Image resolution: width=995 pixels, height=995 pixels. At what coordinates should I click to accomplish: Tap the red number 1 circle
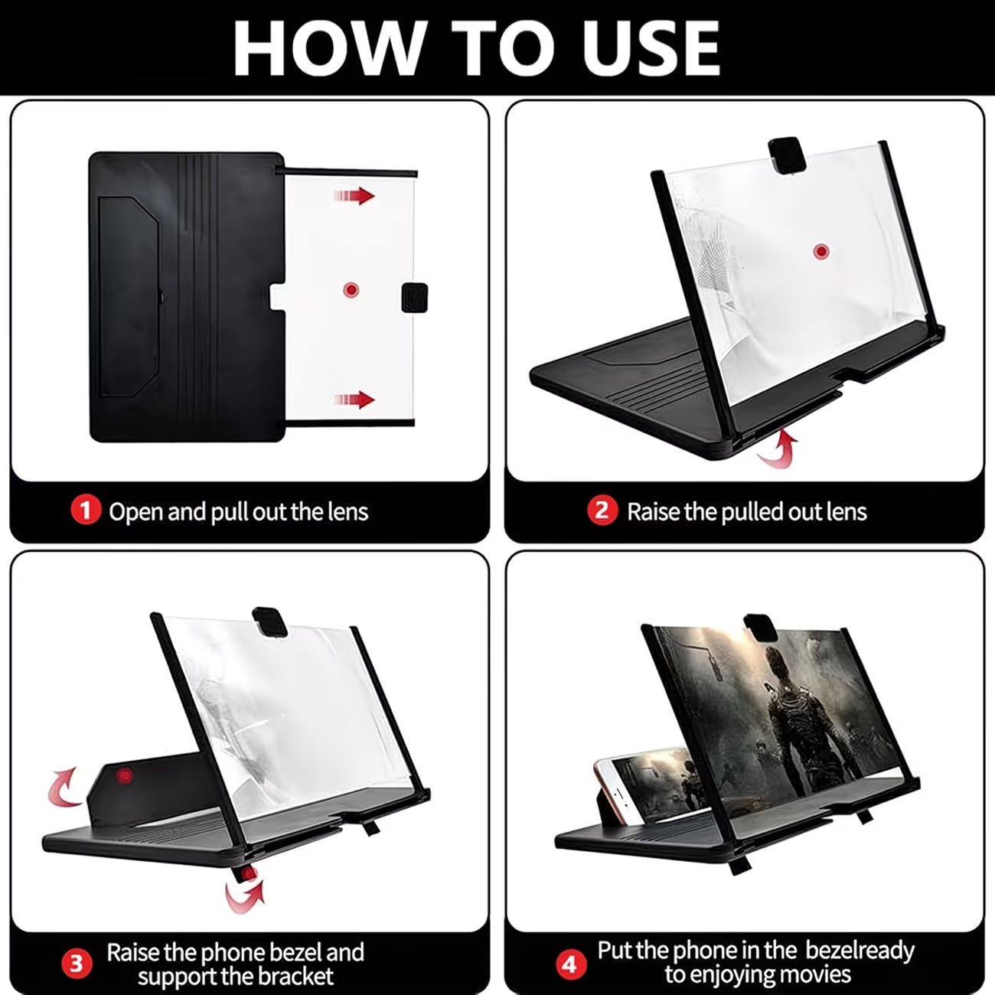pos(86,511)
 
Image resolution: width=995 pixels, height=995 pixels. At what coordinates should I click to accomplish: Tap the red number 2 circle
pos(602,511)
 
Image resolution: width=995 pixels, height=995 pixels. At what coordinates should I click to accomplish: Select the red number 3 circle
pos(77,964)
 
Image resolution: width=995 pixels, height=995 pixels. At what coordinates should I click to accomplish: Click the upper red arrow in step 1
pos(354,196)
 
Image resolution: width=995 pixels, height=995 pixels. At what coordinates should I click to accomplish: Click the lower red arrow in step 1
pos(354,400)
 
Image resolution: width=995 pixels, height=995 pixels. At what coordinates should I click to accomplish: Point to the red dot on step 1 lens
pos(351,290)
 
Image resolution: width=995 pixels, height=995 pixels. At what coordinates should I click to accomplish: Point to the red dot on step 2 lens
pos(821,250)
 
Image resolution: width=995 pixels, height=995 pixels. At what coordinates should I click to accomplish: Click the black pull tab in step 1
pos(414,295)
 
